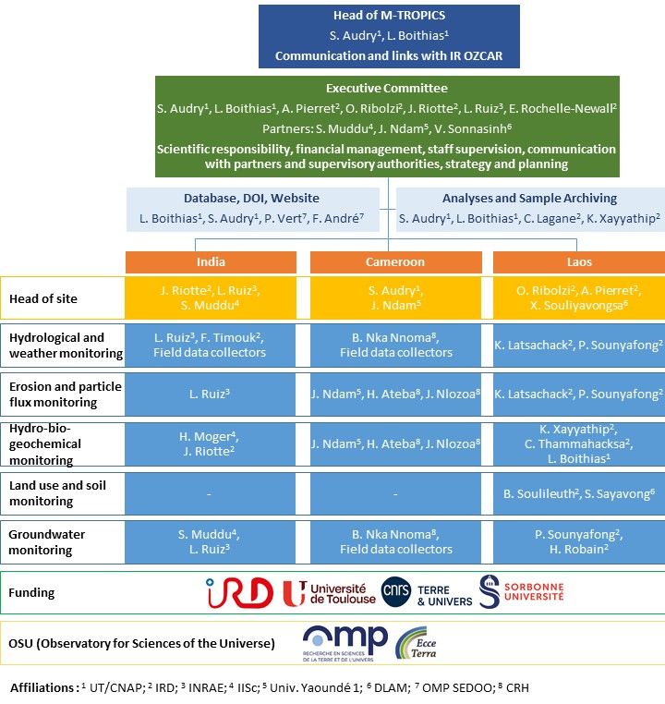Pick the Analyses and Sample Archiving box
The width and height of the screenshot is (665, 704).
tap(530, 208)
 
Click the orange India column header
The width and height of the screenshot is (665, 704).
tap(211, 262)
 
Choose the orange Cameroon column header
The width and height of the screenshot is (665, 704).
tap(394, 262)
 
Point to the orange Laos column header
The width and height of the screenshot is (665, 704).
tap(579, 262)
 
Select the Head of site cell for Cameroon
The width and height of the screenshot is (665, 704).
tap(394, 297)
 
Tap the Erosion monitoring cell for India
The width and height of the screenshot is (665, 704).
tap(211, 394)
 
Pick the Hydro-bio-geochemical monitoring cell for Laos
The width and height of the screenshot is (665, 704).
tap(579, 443)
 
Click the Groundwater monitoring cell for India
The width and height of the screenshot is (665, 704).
tap(211, 541)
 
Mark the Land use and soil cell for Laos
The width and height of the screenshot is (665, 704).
tap(579, 493)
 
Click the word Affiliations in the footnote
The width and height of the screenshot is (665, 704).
tap(41, 688)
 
